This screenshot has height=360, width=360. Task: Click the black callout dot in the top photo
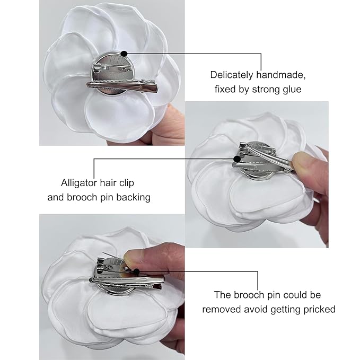[x=124, y=53]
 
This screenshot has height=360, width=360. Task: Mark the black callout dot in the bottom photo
[x=137, y=271]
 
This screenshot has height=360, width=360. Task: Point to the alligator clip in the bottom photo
[x=133, y=284]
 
